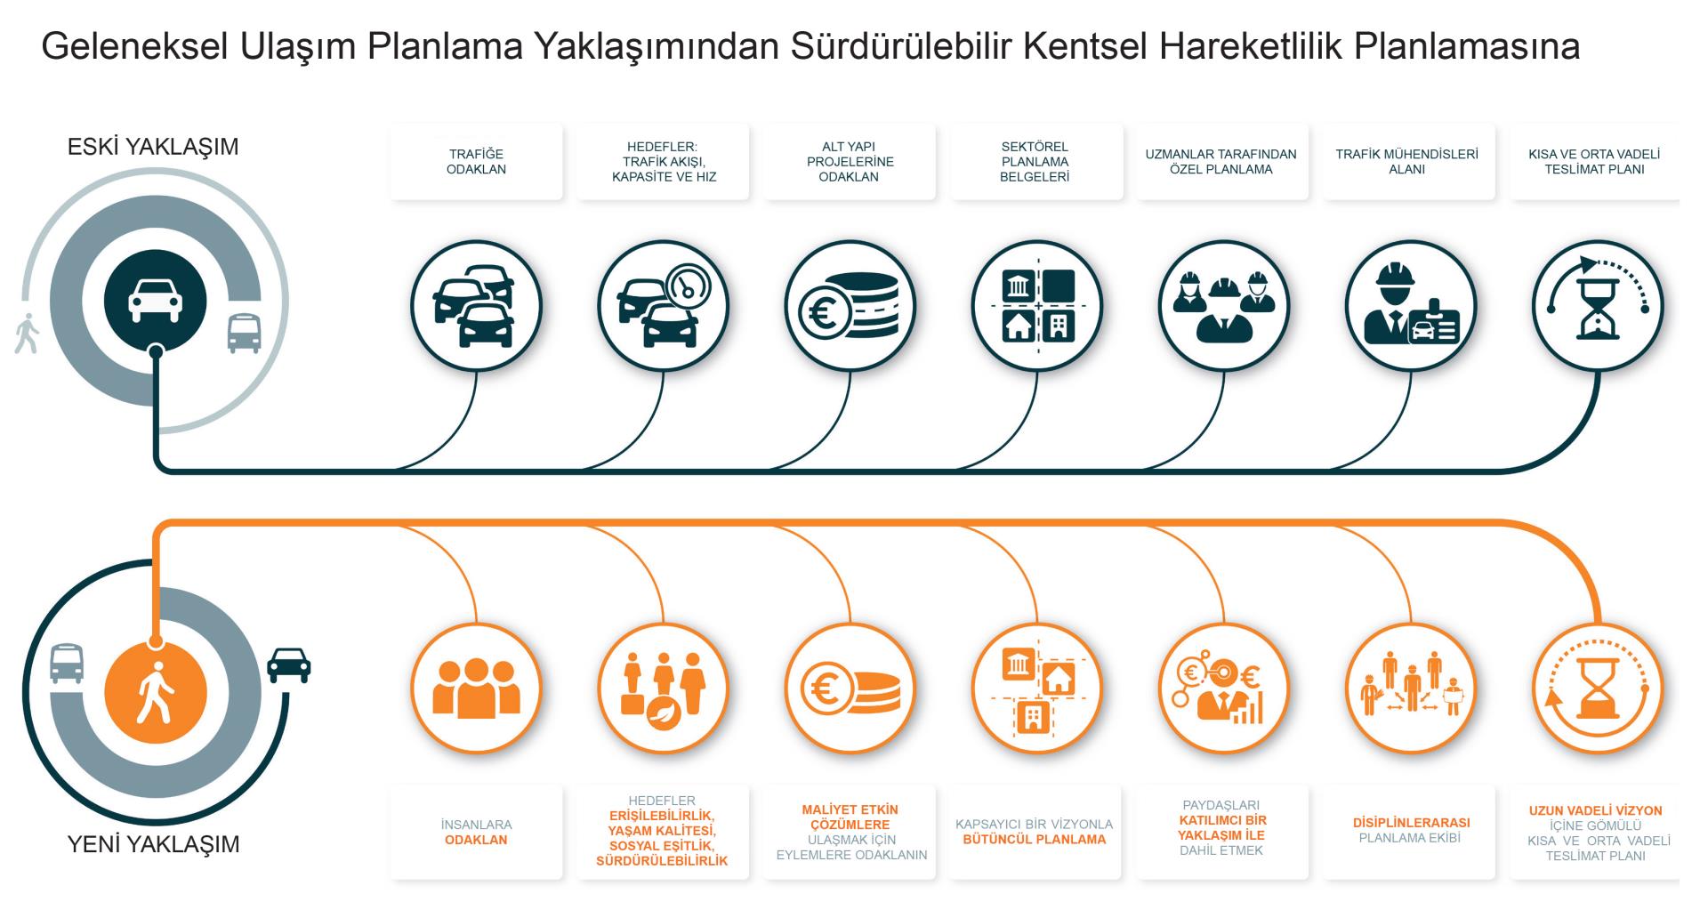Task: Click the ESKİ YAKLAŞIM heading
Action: point(153,147)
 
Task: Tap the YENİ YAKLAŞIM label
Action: point(154,844)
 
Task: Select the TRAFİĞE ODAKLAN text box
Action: point(476,162)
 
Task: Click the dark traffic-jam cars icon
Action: point(476,306)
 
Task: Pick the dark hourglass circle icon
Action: point(1598,306)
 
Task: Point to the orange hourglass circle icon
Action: point(1598,689)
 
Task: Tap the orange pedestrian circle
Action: point(156,692)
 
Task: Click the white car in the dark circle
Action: point(156,300)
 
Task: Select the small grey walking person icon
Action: point(27,334)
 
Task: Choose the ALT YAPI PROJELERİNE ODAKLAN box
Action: point(850,162)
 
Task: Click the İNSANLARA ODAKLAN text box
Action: point(476,833)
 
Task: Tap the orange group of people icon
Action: point(476,689)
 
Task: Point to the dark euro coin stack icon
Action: point(850,306)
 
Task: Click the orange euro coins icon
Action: point(850,689)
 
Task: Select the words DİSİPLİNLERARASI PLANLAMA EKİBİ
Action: point(1411,830)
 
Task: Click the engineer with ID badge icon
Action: point(1411,306)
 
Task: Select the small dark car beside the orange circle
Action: point(289,664)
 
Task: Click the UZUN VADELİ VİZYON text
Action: point(1596,810)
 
